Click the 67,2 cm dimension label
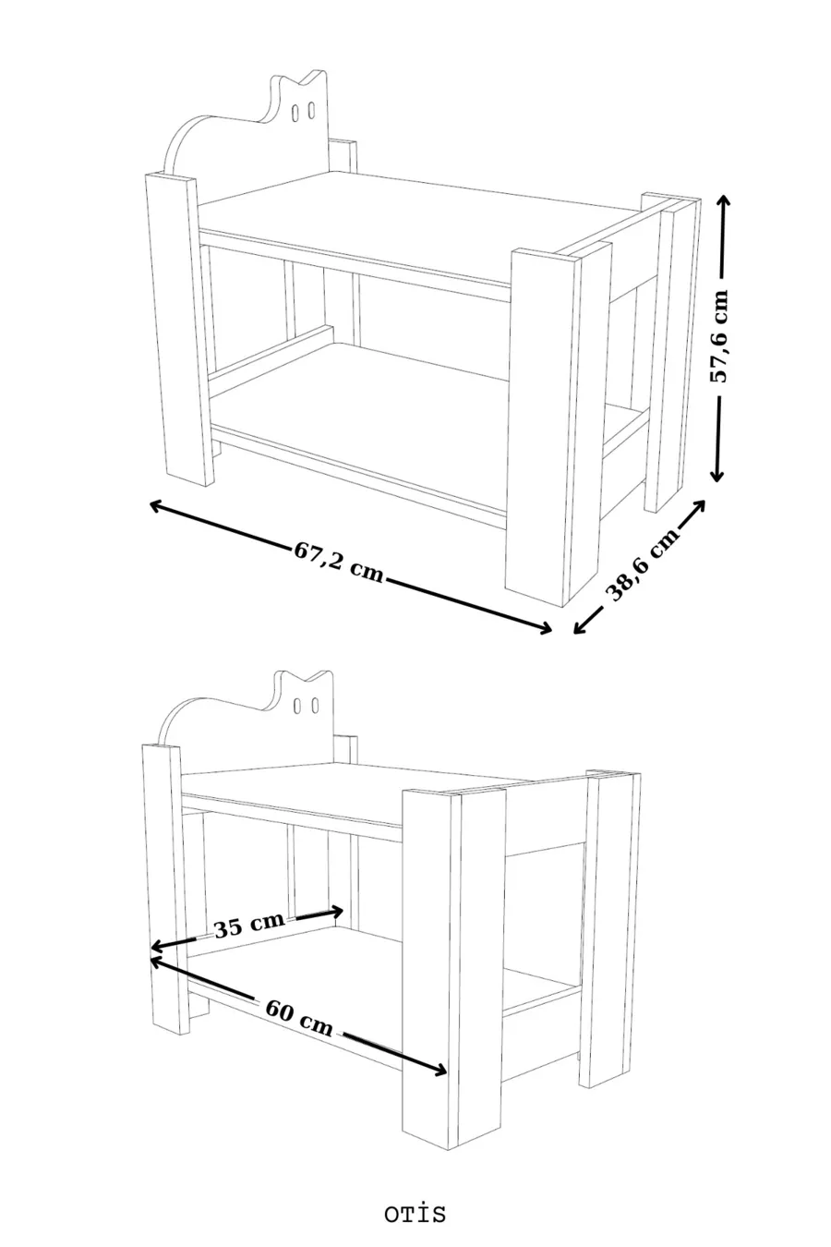point(339,562)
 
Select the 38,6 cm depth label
point(644,564)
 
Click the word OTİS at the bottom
point(415,1214)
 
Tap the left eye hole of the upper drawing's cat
point(295,111)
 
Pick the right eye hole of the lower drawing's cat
point(315,706)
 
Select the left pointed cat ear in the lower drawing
point(281,679)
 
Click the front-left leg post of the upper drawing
point(180,330)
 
